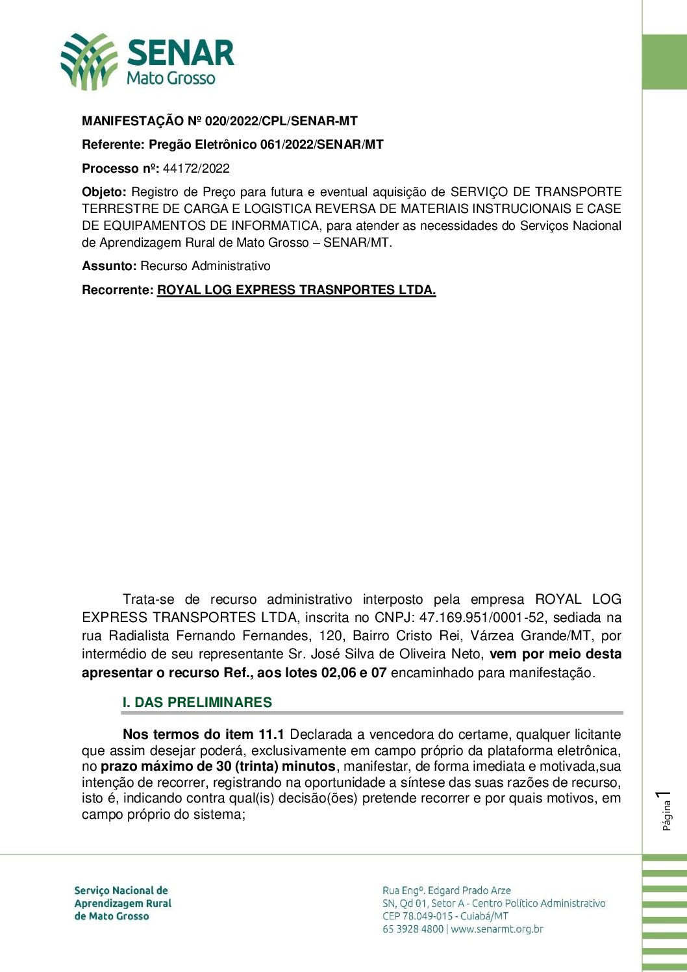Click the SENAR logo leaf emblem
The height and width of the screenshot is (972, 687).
click(89, 61)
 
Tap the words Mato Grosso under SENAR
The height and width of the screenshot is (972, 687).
click(171, 79)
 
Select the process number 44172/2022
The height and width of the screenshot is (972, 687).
click(196, 169)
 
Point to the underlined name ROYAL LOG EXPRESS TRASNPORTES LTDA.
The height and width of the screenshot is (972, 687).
click(296, 290)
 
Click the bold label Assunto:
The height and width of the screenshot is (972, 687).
click(109, 266)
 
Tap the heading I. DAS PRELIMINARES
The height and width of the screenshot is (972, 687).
click(197, 703)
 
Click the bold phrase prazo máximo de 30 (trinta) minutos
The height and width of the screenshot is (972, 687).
click(218, 767)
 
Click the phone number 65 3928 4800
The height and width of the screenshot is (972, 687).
click(413, 929)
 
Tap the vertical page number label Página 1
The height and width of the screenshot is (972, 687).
click(666, 810)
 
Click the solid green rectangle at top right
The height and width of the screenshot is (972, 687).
click(664, 62)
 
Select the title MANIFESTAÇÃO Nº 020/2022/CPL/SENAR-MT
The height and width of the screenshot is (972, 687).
click(219, 121)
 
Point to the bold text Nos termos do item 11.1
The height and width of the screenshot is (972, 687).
click(203, 734)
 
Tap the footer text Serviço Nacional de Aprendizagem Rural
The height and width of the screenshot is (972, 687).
click(123, 897)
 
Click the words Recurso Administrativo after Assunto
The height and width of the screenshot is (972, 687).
click(205, 266)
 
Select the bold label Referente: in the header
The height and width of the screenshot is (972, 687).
click(113, 145)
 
